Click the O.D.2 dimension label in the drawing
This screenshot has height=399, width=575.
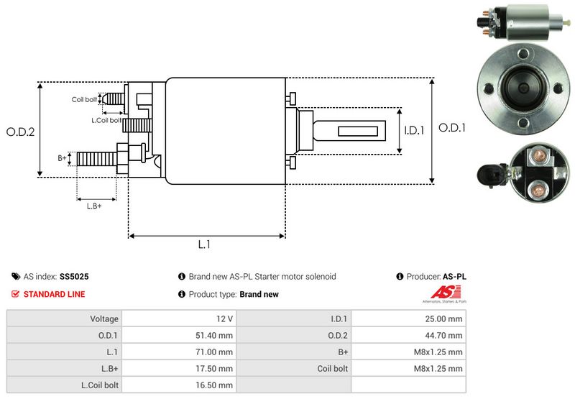(21, 132)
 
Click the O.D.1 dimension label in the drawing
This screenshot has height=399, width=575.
(453, 128)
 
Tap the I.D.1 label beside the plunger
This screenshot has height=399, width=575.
(415, 130)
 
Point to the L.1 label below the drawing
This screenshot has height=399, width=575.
(204, 244)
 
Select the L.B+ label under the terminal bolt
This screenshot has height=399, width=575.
(94, 206)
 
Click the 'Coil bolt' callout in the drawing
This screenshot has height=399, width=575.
(84, 99)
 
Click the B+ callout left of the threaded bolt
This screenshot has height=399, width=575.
(62, 157)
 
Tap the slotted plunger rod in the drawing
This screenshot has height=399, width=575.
(352, 131)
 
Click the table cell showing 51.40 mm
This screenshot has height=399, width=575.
(216, 335)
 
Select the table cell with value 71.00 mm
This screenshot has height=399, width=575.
(216, 352)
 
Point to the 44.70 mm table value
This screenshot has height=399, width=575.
(446, 335)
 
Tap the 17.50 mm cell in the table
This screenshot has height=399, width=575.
(216, 368)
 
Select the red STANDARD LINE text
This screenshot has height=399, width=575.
(54, 294)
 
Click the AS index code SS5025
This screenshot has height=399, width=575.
(74, 276)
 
